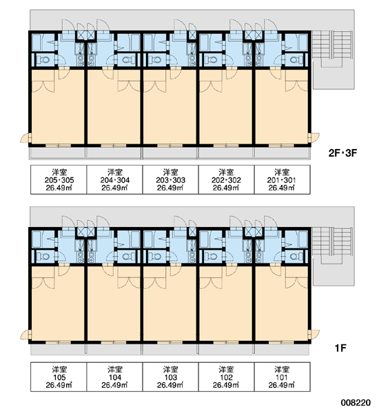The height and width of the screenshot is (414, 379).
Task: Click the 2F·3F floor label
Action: point(342,153)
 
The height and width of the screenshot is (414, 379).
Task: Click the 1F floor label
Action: point(340,348)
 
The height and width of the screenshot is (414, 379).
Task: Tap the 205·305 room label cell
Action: point(59,180)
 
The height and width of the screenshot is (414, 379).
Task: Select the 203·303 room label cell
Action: point(170,180)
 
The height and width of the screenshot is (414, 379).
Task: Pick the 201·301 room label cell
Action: point(283,180)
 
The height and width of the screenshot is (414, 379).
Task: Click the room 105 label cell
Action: point(59,377)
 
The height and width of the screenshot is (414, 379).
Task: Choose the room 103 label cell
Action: point(170,377)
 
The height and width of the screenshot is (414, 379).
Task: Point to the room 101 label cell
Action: point(283,377)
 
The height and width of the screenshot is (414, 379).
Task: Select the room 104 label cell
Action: point(114,377)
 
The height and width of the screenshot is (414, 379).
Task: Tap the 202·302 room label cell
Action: point(226,180)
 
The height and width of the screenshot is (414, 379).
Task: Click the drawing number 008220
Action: point(356,403)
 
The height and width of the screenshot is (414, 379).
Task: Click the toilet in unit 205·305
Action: point(43,60)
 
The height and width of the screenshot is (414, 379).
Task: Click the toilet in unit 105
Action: point(43,257)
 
